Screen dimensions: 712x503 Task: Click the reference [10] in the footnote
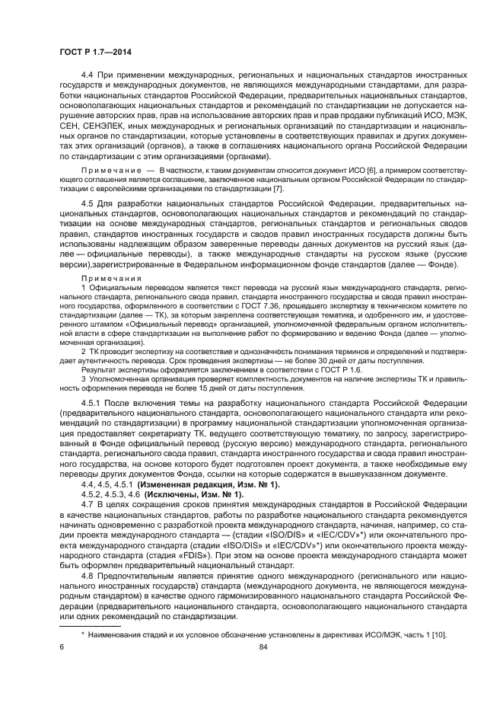(439, 635)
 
